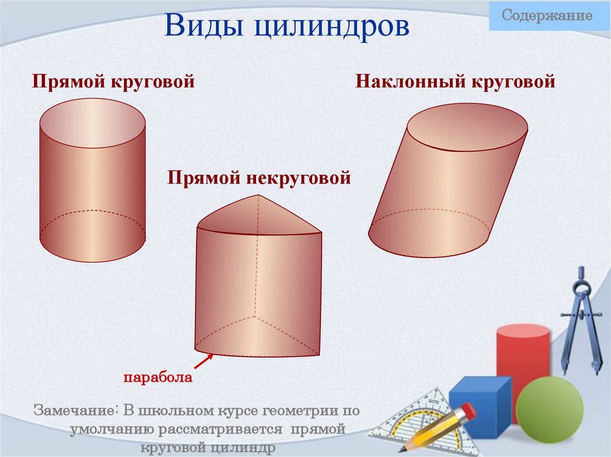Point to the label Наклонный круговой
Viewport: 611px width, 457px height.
point(455,81)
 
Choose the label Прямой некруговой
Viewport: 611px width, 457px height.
point(258,178)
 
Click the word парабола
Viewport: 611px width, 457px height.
point(158,377)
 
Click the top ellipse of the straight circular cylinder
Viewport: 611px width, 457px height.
point(92,123)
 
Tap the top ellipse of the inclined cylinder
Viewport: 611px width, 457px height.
point(467,127)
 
